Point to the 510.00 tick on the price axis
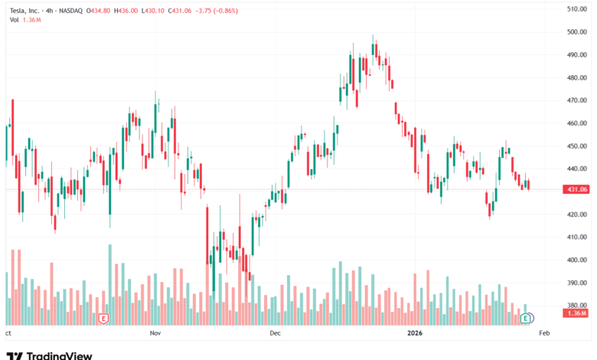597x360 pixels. point(576,9)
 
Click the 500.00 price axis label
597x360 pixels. point(576,32)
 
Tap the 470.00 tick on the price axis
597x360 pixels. point(576,100)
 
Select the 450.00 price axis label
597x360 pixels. point(576,146)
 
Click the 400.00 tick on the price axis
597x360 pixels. point(576,260)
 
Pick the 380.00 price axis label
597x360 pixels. point(576,305)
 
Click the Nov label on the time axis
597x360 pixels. point(155,334)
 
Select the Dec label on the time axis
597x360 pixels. point(276,334)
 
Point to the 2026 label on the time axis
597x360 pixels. point(416,334)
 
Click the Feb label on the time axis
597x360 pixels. point(544,334)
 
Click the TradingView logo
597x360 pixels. point(49,355)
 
